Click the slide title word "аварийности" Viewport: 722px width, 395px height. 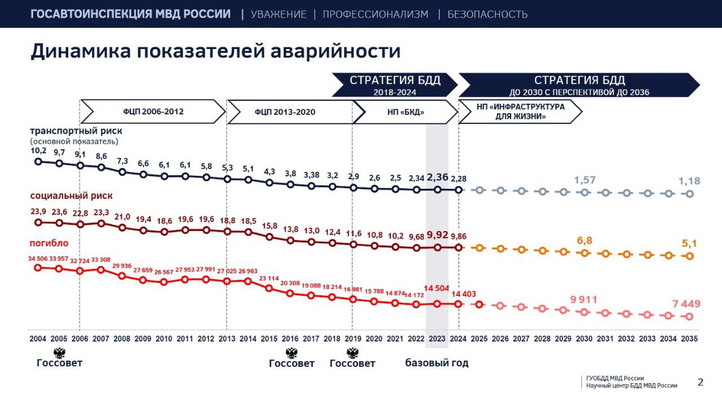(336, 51)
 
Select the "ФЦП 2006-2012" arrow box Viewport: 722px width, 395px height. (153, 112)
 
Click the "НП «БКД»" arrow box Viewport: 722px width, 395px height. (404, 112)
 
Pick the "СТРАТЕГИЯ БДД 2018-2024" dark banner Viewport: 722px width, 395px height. (394, 85)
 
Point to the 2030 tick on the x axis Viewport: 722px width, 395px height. (584, 339)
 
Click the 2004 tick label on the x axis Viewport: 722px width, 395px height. (38, 339)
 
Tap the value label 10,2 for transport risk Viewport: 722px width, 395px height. (38, 151)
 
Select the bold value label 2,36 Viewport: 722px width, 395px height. (437, 177)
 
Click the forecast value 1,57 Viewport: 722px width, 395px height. (584, 180)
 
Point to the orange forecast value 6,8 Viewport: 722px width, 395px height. (584, 240)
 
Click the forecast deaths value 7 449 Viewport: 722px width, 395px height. (686, 304)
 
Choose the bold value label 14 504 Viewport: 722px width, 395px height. (437, 289)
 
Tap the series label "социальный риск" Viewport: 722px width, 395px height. (71, 196)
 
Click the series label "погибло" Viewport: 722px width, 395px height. (49, 243)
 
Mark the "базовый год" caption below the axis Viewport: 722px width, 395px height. (437, 363)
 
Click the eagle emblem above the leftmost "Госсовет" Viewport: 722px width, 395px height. (59, 353)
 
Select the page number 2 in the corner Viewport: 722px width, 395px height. (701, 382)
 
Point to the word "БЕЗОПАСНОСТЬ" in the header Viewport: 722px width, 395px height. (487, 14)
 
